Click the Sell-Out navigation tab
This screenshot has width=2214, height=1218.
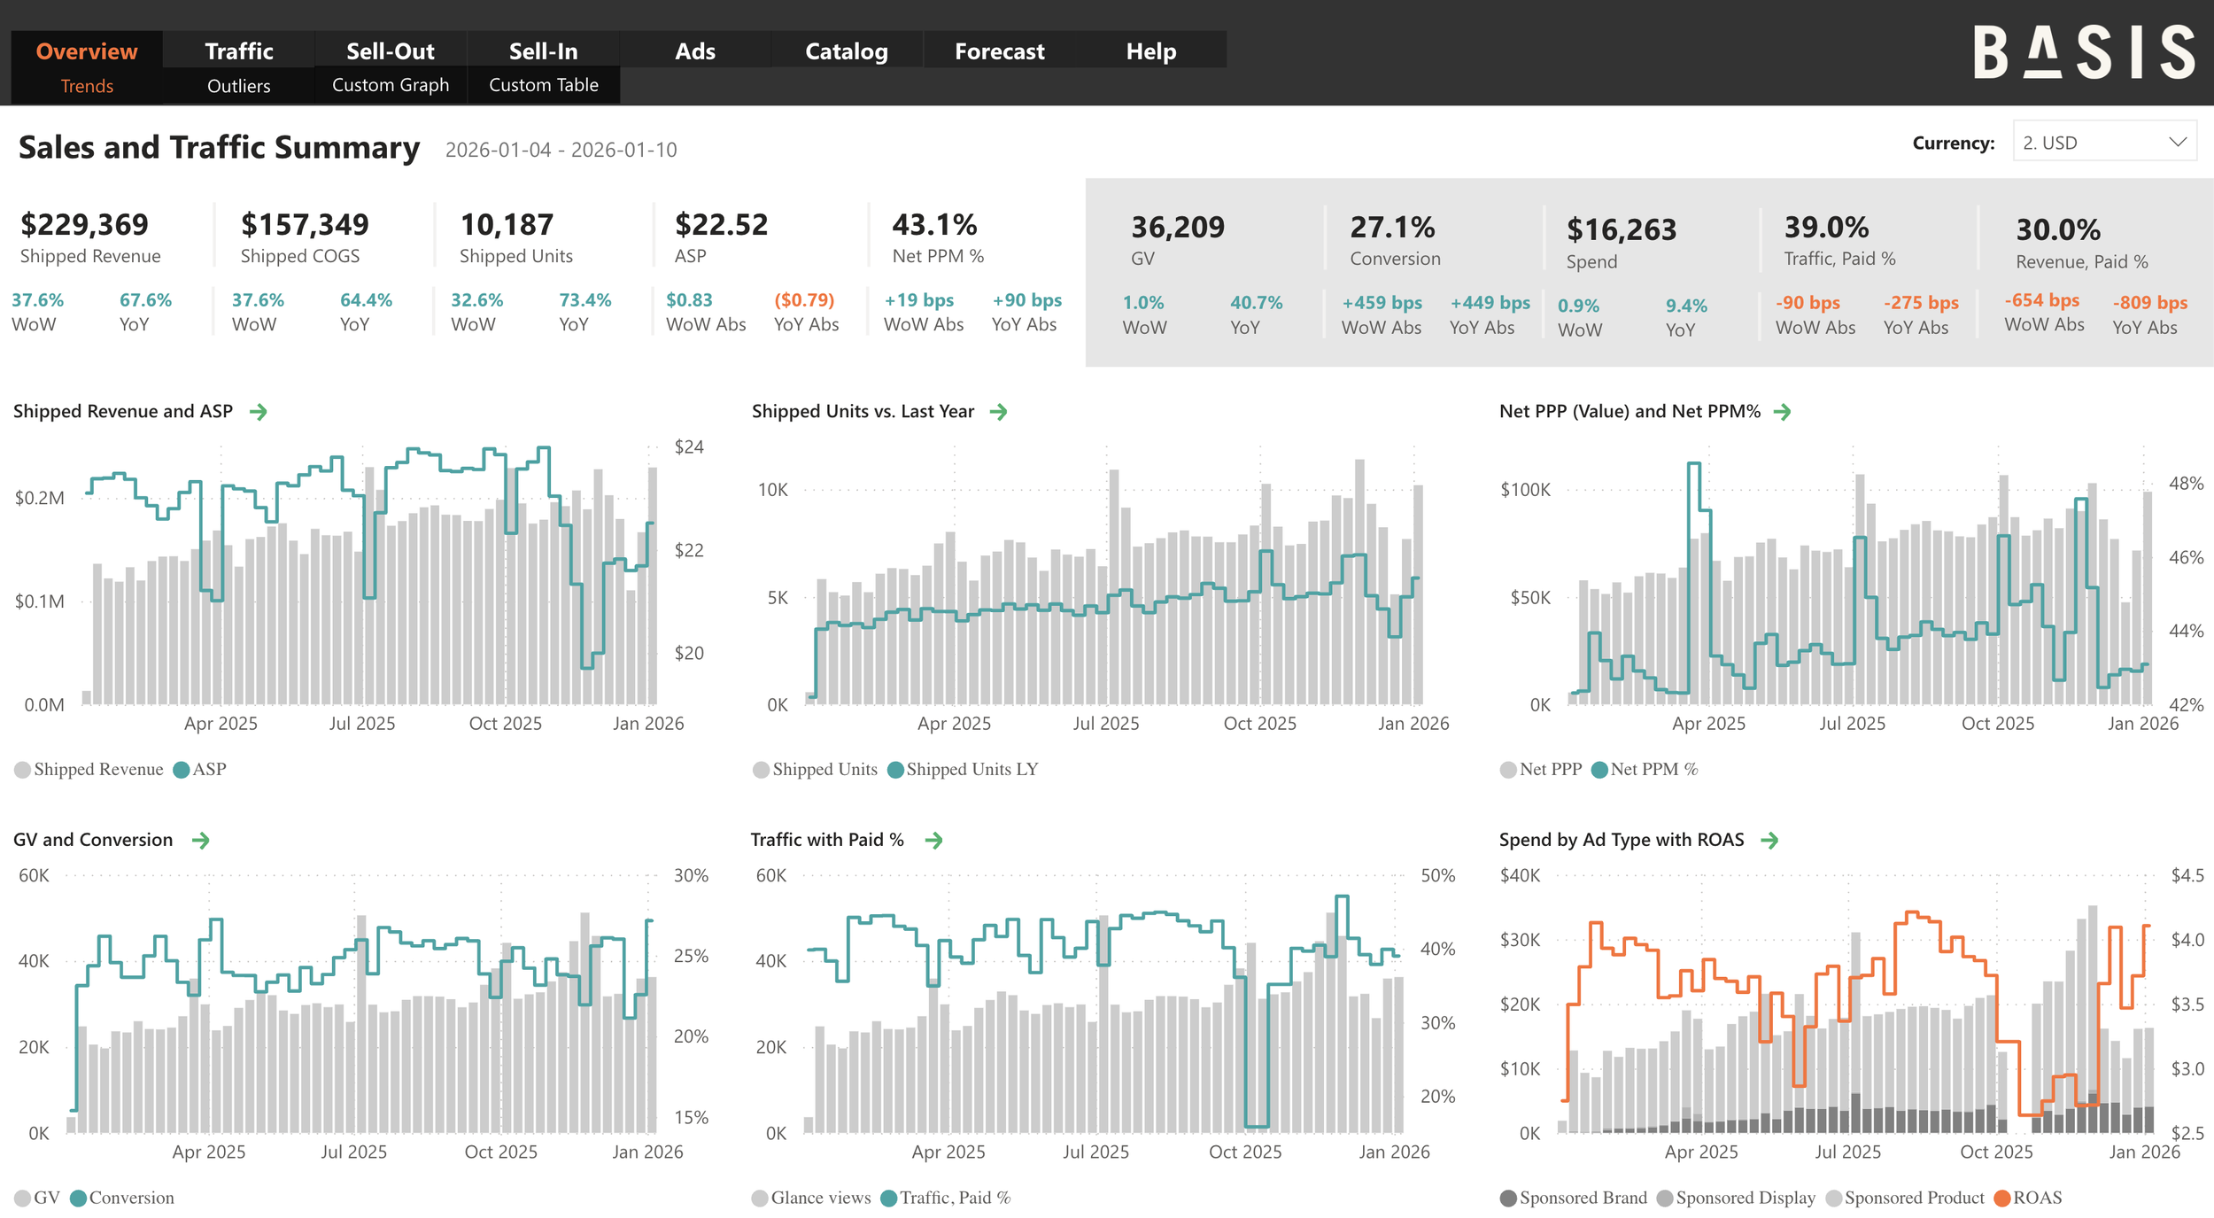(390, 51)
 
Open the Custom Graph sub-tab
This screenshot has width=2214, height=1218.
(391, 85)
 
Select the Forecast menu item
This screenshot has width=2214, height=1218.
(999, 51)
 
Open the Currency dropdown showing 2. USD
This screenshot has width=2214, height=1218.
(2104, 143)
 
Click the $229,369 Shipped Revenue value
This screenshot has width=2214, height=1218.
(84, 225)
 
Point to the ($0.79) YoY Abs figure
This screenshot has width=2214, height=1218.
(804, 300)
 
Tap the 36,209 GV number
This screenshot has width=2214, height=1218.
(1177, 228)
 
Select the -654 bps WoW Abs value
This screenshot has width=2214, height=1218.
(2041, 300)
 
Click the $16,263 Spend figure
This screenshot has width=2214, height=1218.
(1621, 230)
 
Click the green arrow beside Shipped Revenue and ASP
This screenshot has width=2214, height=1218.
(259, 412)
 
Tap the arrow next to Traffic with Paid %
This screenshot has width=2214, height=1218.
(933, 841)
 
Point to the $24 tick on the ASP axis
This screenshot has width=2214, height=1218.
(689, 447)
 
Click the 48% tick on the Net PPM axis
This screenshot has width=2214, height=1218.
(2185, 484)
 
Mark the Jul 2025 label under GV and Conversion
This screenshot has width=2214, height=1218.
(353, 1152)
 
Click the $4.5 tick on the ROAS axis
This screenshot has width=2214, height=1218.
(2187, 876)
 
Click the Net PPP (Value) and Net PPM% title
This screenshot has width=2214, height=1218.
(1630, 412)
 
